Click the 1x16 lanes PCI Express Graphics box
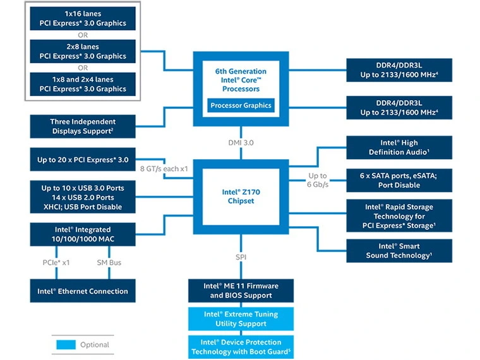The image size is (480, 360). [x=83, y=18]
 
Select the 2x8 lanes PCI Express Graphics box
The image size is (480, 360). [x=83, y=51]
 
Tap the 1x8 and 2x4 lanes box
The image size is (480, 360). [x=83, y=84]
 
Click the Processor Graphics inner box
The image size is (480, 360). [x=241, y=105]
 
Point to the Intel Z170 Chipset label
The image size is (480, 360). [x=241, y=196]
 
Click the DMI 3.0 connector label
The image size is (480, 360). [x=241, y=143]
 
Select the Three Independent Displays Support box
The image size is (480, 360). [x=83, y=126]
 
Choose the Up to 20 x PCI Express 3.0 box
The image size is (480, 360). [x=83, y=160]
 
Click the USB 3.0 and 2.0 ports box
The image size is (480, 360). [x=83, y=197]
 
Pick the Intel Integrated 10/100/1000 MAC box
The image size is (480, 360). [x=83, y=234]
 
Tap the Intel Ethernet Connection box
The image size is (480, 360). [x=83, y=291]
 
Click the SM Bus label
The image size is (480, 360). [x=109, y=262]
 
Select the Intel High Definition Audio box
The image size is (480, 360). [x=399, y=147]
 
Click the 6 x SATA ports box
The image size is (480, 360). [x=399, y=180]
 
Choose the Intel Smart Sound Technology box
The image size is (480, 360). [x=399, y=251]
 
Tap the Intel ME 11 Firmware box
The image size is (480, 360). [x=241, y=291]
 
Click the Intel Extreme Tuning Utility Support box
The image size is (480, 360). [x=241, y=318]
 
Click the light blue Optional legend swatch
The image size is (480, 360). [x=65, y=345]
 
